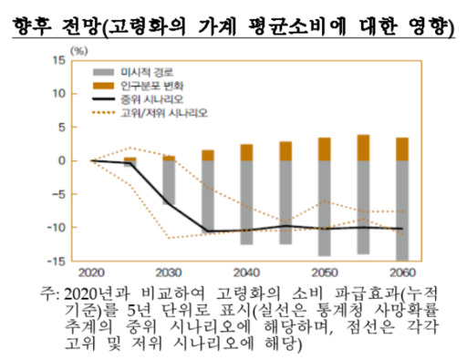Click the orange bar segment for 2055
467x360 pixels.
pyautogui.click(x=363, y=148)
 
